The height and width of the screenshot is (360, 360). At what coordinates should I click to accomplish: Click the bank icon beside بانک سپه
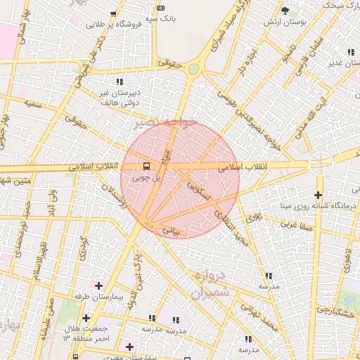coord(161,8)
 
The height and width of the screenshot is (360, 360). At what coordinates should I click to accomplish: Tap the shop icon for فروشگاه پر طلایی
coord(113,13)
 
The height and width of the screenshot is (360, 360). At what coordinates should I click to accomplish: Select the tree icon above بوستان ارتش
coord(285,11)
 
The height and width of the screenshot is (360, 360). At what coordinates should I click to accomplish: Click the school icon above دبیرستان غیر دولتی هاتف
coord(120,82)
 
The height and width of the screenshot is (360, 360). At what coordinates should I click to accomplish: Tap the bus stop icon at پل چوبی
coord(146,167)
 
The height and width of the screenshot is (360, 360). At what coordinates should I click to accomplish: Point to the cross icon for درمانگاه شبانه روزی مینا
coord(319,195)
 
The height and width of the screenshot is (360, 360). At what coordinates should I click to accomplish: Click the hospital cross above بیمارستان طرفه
coord(98,286)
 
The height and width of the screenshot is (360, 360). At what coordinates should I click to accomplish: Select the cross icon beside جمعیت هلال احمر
coord(86,319)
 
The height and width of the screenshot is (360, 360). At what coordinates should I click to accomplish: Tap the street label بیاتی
coord(171,230)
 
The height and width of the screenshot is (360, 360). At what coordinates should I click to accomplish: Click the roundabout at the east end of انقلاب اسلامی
coord(321,163)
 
